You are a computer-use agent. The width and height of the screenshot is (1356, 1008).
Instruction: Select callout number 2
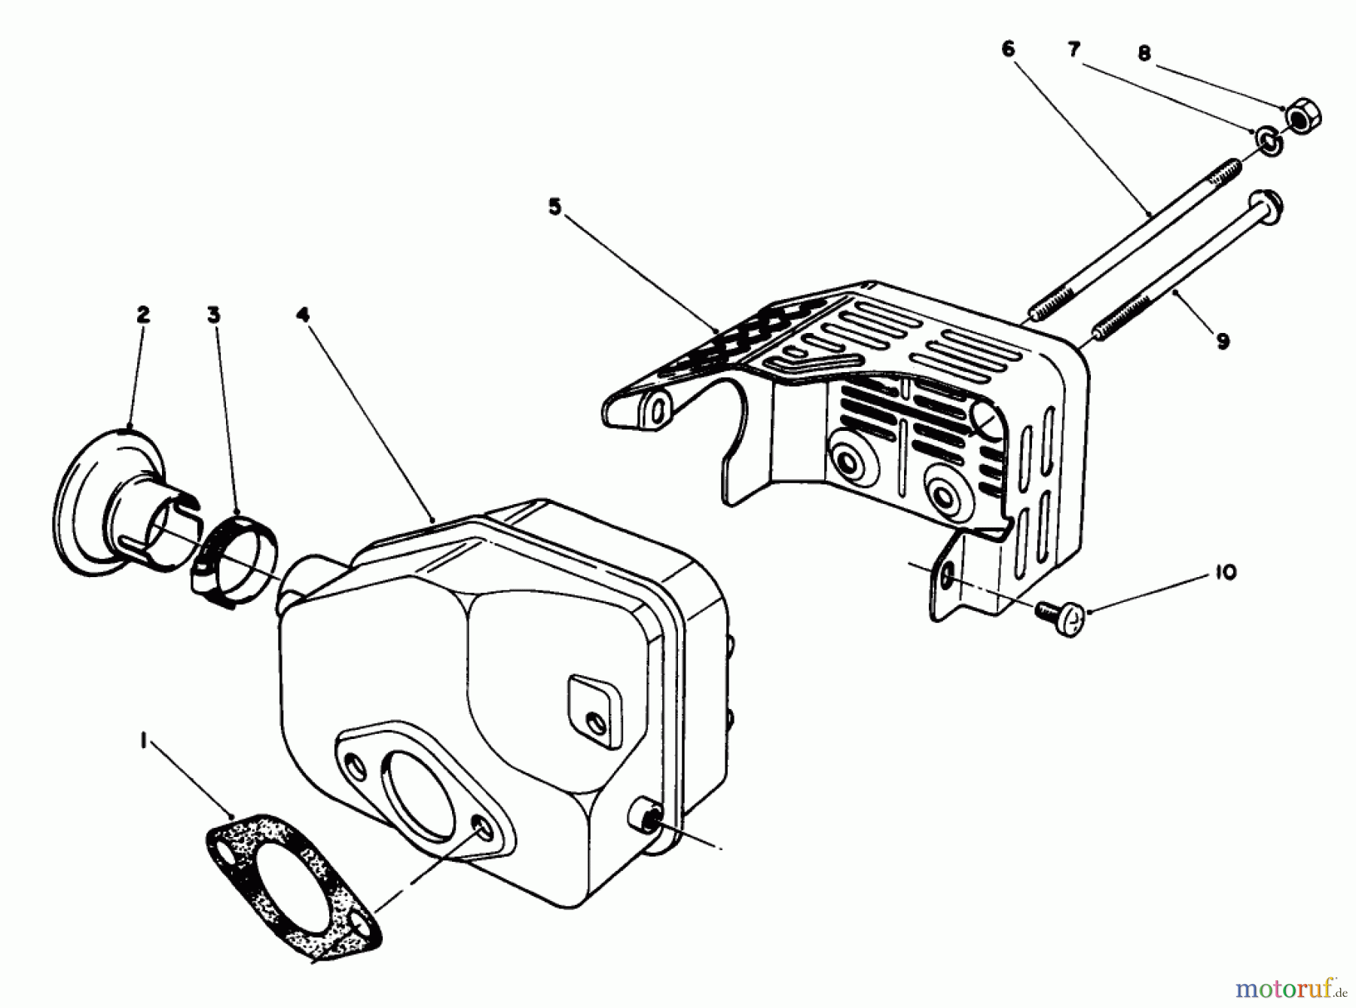pyautogui.click(x=143, y=314)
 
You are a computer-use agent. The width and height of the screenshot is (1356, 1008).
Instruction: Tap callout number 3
pyautogui.click(x=214, y=315)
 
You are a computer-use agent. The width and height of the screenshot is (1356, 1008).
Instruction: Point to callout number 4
pyautogui.click(x=302, y=315)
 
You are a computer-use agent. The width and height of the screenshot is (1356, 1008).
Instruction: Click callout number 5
pyautogui.click(x=554, y=206)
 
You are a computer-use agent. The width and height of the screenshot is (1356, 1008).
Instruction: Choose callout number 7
pyautogui.click(x=1073, y=50)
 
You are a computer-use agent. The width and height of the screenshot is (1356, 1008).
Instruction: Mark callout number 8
pyautogui.click(x=1144, y=53)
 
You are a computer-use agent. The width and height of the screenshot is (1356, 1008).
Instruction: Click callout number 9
pyautogui.click(x=1223, y=341)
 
